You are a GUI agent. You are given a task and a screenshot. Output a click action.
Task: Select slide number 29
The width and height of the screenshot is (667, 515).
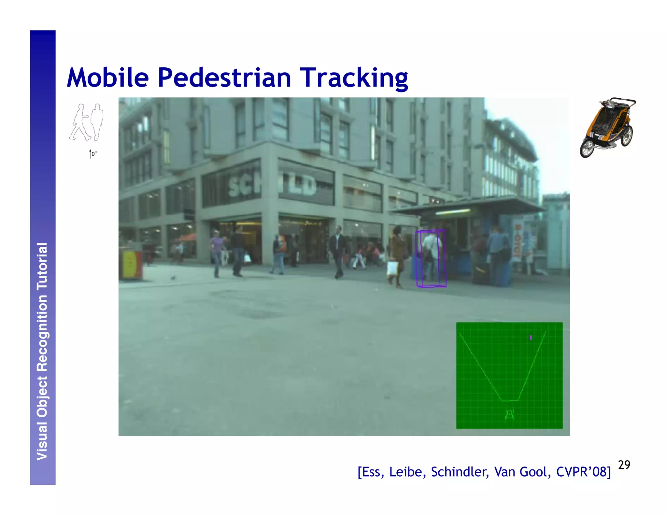tap(624, 465)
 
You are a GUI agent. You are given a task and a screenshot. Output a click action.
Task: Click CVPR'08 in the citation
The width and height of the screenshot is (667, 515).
tap(583, 472)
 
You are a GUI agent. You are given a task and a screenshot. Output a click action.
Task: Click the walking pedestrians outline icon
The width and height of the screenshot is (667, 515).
tap(86, 122)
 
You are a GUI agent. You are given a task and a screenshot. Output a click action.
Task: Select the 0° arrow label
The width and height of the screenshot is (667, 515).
tap(93, 154)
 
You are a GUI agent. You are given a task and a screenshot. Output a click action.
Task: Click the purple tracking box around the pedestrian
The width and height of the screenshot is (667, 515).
tap(431, 258)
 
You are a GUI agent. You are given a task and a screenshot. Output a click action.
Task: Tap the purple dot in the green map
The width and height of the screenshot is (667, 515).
tap(531, 337)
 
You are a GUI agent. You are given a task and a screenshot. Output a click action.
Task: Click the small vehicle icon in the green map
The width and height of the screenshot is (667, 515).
tap(509, 414)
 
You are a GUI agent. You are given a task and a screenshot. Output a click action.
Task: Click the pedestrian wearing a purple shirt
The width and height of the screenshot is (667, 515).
tap(216, 254)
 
